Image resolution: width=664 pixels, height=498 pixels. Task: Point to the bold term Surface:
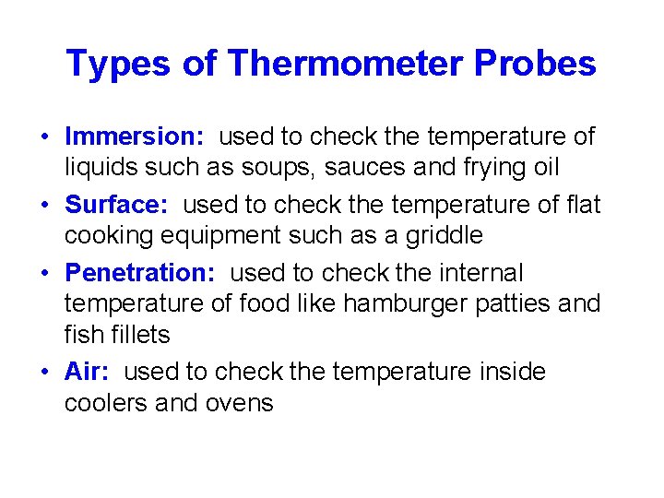point(116,205)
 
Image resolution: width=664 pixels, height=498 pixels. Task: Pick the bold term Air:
point(87,372)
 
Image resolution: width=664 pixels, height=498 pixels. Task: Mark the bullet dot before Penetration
point(44,274)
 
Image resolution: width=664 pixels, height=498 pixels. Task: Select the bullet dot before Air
point(44,373)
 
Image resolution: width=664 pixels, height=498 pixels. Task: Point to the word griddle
point(438,235)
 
